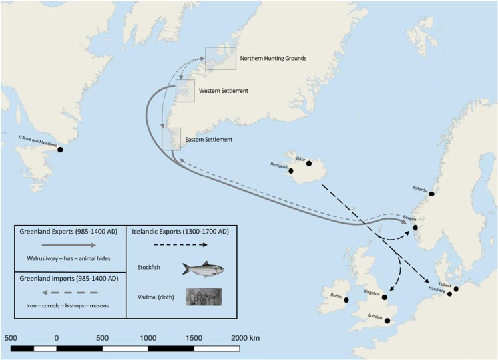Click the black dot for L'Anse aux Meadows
click(60, 149)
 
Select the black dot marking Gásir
click(309, 164)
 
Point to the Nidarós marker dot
click(432, 194)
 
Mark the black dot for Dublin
click(347, 301)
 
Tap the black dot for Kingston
click(385, 297)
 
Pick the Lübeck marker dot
click(457, 289)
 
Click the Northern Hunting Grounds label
click(272, 59)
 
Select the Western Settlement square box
click(185, 92)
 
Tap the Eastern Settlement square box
click(172, 138)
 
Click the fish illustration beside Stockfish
click(203, 269)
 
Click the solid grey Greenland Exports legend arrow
click(70, 246)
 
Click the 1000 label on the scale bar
click(148, 337)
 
